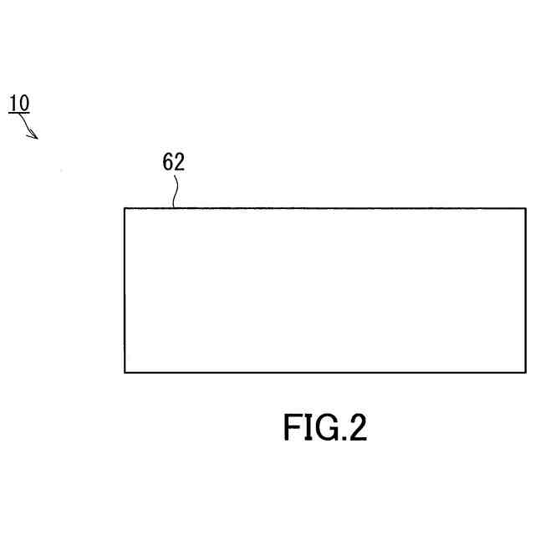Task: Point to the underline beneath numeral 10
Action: click(19, 113)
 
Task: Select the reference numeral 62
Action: click(173, 162)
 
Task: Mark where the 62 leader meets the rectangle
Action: click(173, 207)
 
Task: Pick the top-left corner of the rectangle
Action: click(125, 208)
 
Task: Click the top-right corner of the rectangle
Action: click(526, 208)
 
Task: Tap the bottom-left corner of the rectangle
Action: click(125, 372)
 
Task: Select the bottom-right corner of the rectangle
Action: click(526, 372)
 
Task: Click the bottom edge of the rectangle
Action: click(325, 372)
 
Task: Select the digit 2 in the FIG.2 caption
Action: click(356, 427)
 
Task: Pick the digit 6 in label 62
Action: click(168, 162)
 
